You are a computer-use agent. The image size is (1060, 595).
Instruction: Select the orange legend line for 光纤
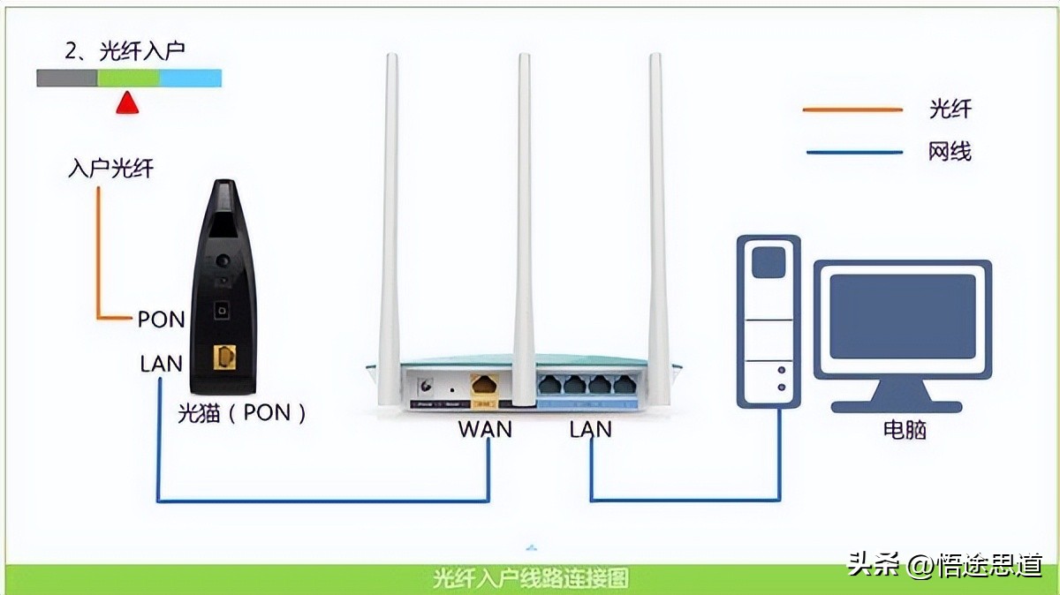pos(852,110)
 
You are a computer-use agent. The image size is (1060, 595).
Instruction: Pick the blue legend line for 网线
pos(852,152)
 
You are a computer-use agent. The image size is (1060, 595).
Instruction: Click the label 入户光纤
pos(110,168)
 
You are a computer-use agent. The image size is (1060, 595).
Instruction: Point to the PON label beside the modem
pos(161,319)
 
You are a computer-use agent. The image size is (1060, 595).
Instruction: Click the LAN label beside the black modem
pos(161,363)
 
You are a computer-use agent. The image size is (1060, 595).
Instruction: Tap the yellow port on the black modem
pos(224,357)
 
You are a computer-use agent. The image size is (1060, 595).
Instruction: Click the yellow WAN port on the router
pos(484,386)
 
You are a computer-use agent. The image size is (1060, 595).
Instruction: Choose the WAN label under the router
pos(484,429)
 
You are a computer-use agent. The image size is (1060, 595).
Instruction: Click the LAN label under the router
pos(590,429)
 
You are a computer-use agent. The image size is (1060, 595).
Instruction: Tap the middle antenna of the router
pos(524,221)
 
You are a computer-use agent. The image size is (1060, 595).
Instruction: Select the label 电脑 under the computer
pos(905,430)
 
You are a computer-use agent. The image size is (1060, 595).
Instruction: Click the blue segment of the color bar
pos(190,79)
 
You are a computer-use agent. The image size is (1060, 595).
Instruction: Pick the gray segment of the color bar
pos(67,79)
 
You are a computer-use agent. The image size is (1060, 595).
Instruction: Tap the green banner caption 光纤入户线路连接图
pos(531,578)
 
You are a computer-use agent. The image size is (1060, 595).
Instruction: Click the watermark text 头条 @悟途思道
pos(944,564)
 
